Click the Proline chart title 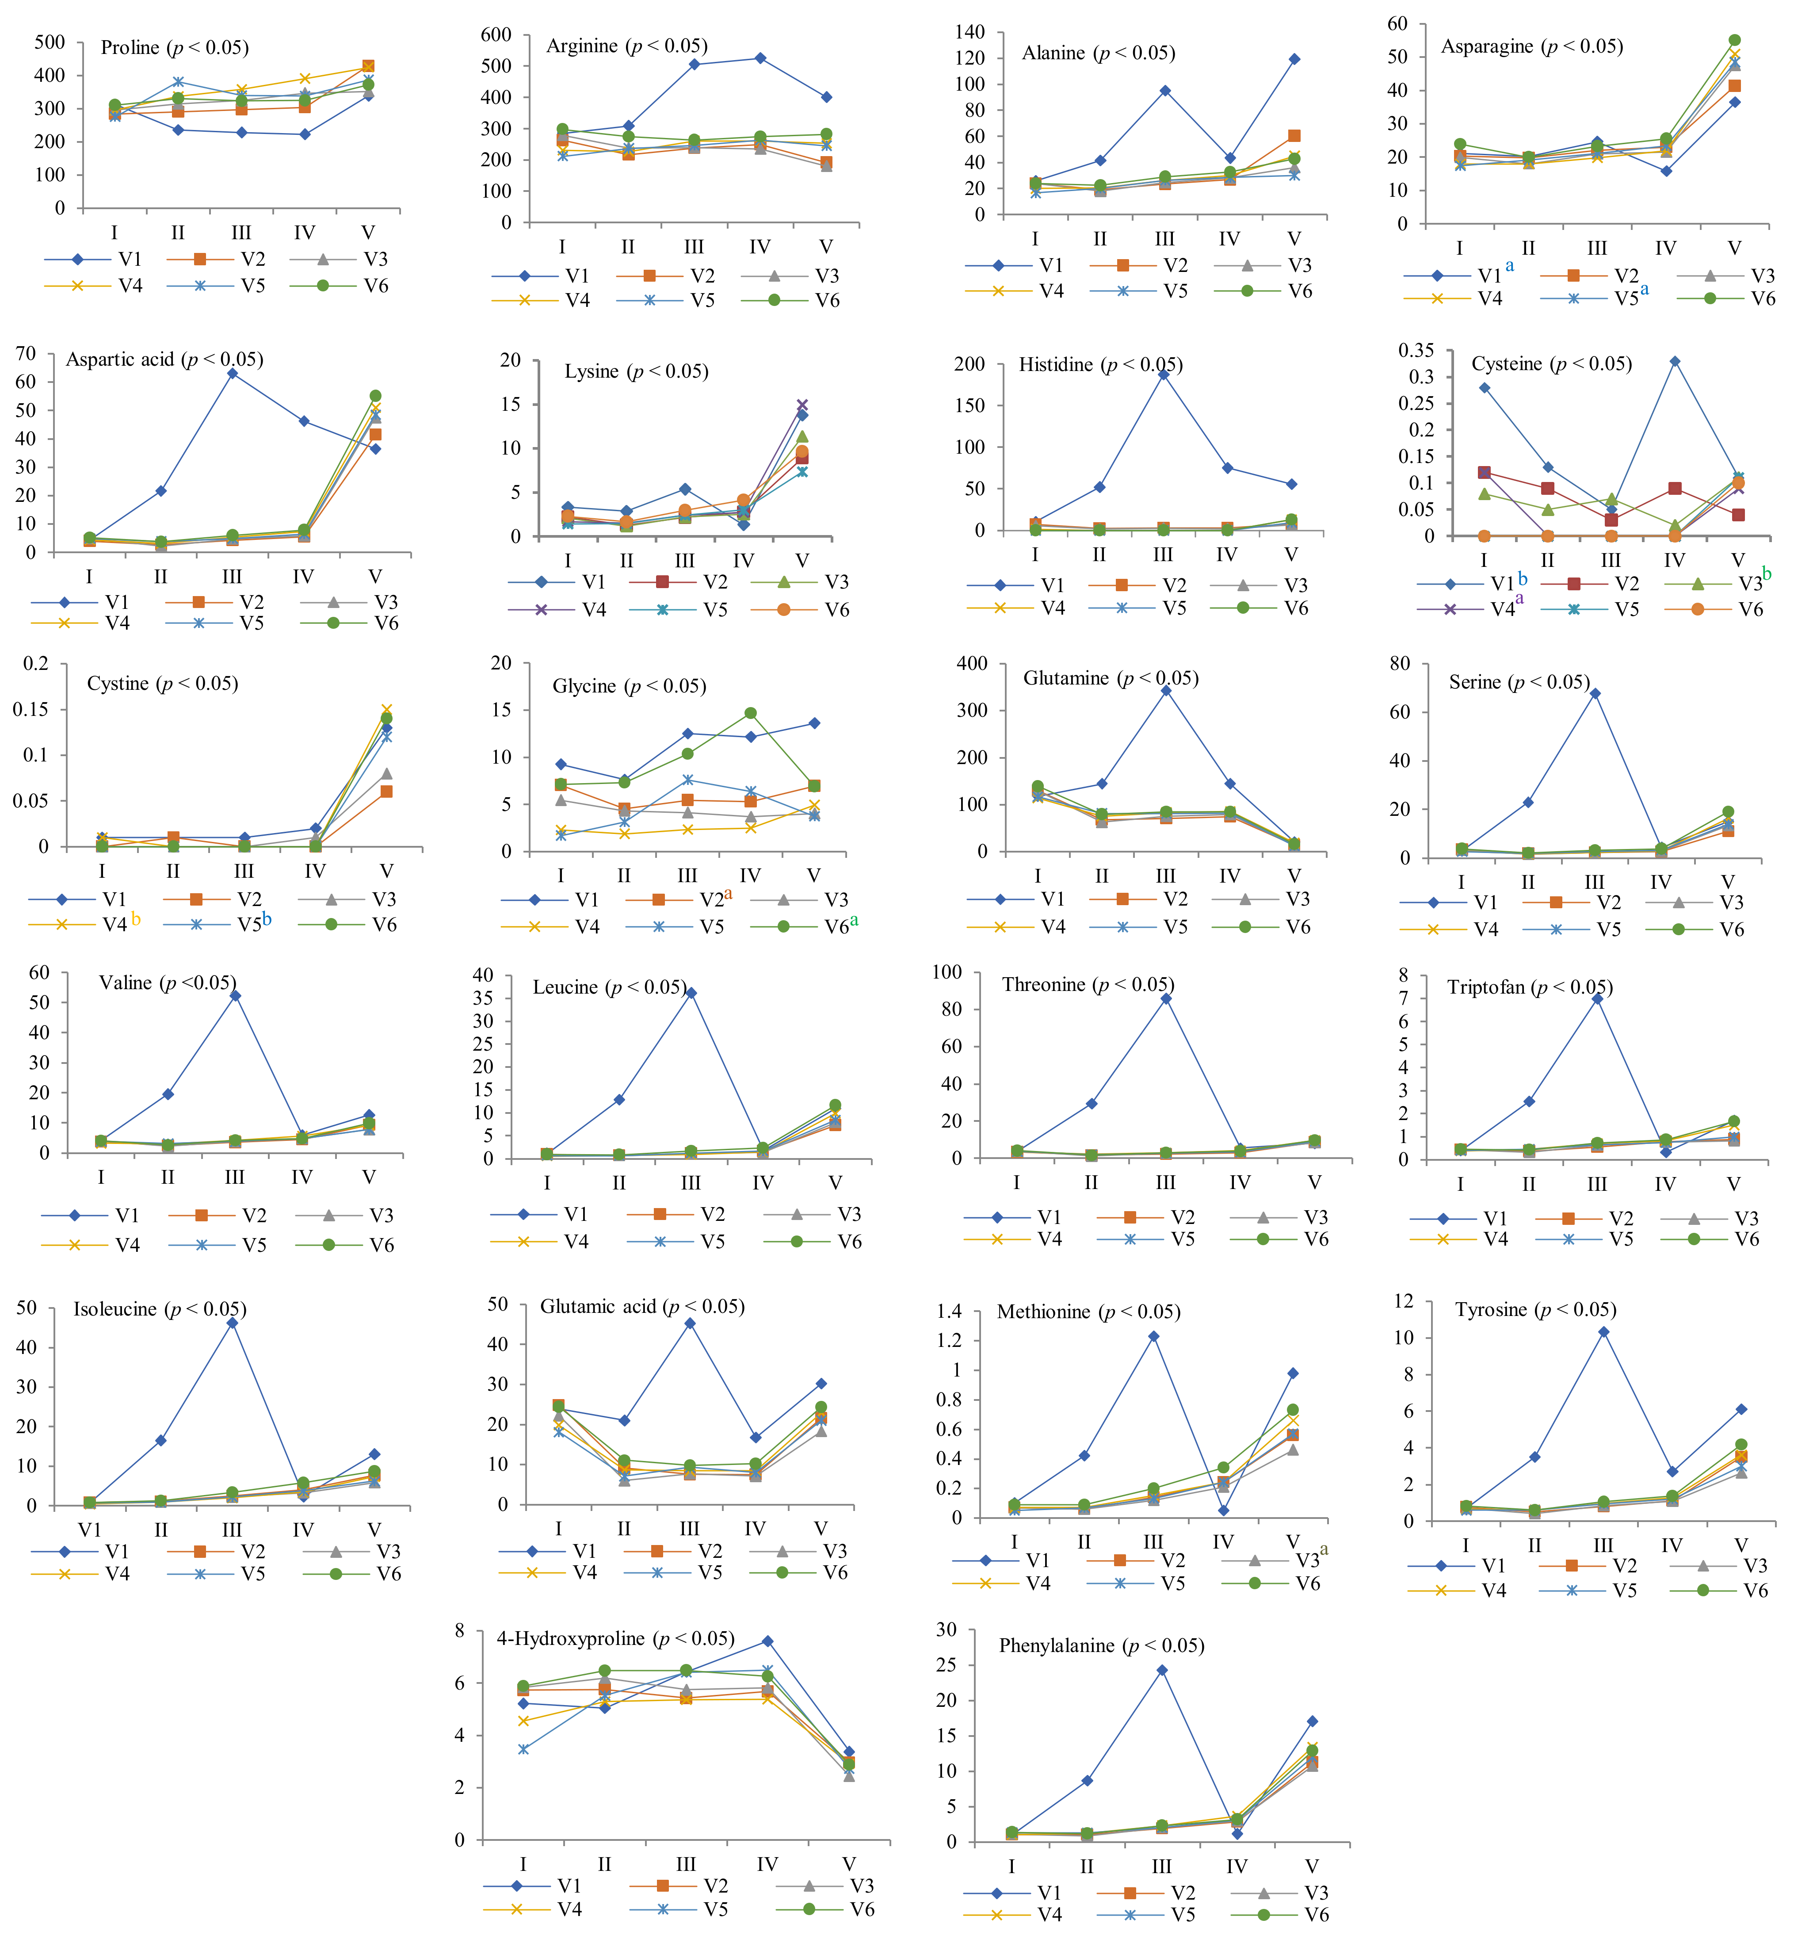pos(175,48)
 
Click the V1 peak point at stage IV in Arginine pos(760,58)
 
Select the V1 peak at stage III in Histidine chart pos(1163,374)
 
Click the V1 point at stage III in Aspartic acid pos(232,373)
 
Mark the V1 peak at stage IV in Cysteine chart pos(1675,361)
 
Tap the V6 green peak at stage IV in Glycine pos(750,713)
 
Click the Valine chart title pos(167,983)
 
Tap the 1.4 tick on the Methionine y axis pos(948,1312)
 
